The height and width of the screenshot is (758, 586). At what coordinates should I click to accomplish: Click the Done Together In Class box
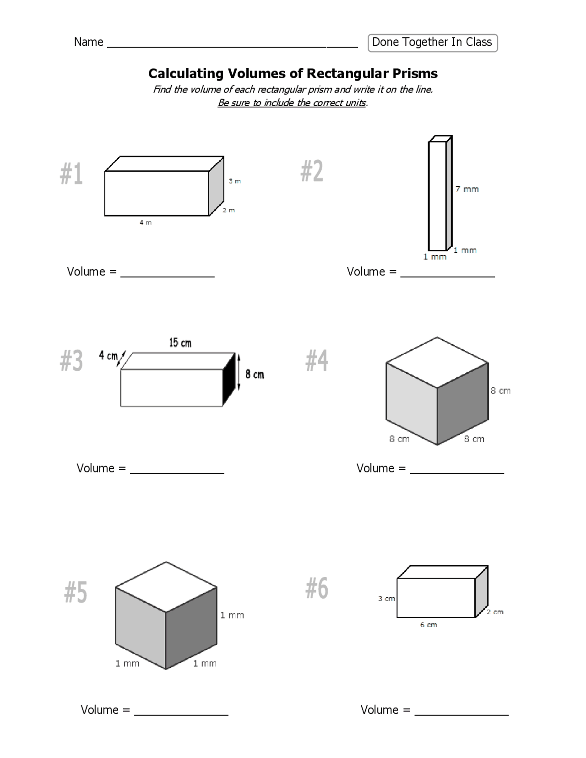432,43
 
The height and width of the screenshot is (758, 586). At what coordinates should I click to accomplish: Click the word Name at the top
88,42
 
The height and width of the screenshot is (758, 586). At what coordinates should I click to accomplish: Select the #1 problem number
71,174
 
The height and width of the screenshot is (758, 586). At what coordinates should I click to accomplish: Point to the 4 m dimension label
146,222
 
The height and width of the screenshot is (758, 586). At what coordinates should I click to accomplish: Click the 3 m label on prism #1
235,181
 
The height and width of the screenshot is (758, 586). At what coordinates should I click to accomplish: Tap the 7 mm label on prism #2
467,189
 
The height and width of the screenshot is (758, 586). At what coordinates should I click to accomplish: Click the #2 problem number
312,172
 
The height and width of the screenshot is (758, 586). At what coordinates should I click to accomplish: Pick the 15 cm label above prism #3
180,342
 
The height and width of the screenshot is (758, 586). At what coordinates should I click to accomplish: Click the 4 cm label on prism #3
108,356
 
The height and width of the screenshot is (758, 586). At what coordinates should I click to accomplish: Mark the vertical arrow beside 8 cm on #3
239,372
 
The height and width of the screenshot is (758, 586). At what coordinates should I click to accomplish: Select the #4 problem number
317,361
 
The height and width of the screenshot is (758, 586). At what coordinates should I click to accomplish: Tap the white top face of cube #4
437,362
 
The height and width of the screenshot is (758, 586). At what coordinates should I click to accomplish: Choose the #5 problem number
76,592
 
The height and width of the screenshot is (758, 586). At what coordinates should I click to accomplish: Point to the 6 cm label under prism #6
429,625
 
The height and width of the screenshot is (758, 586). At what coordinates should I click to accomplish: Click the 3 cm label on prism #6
386,599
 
